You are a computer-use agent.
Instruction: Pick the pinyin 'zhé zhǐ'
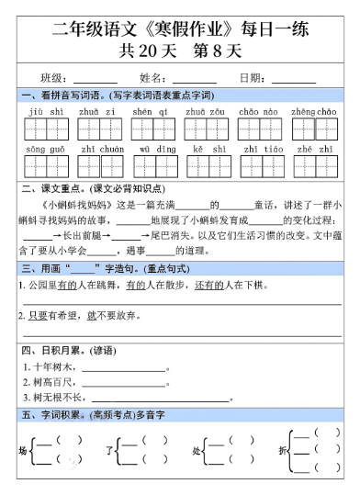[309, 148]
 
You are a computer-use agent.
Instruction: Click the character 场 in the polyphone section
[23, 451]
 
